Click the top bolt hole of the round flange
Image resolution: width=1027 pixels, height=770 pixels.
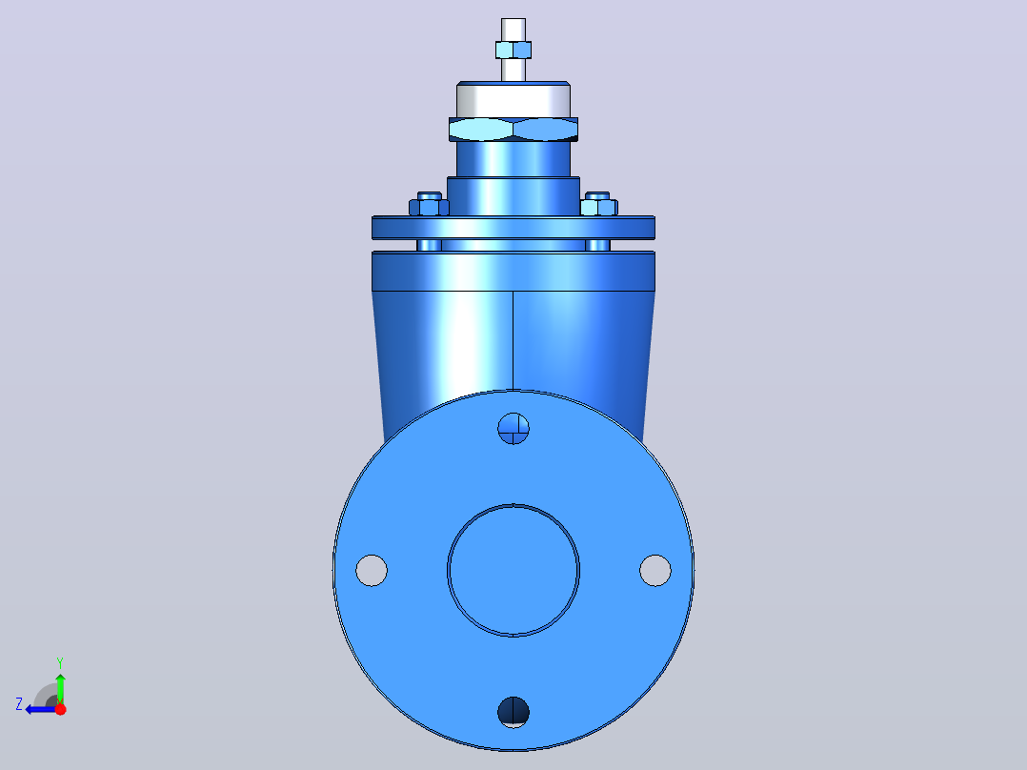513,429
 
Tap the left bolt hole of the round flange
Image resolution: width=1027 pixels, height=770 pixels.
372,570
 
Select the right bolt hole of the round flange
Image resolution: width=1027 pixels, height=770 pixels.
655,570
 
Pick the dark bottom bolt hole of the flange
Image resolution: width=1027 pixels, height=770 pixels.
513,712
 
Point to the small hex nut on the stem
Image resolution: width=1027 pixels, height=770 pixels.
513,51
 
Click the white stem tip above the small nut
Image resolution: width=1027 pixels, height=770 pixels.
513,30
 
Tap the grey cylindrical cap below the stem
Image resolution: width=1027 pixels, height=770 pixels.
513,100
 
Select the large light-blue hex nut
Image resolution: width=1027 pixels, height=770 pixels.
513,129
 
